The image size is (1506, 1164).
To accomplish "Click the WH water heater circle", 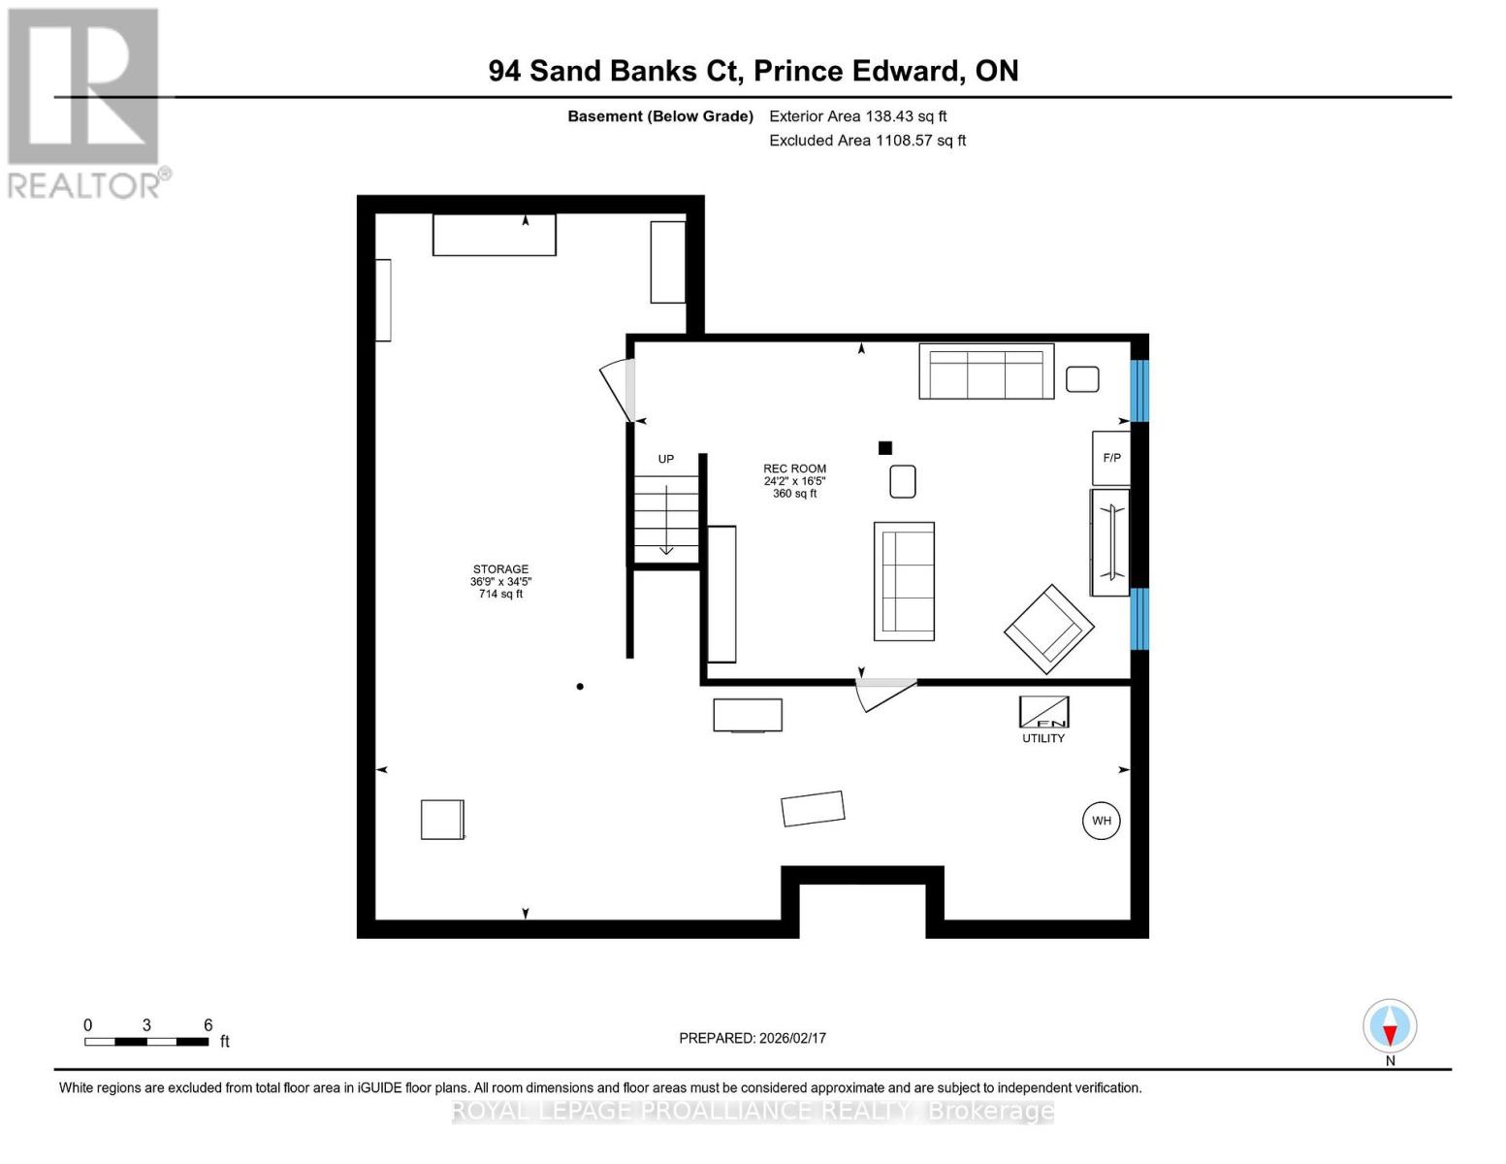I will pyautogui.click(x=1101, y=821).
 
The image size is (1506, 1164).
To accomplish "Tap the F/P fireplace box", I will pyautogui.click(x=1111, y=458).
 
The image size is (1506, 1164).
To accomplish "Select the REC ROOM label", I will pyautogui.click(x=794, y=469).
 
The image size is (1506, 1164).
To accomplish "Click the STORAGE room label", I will pyautogui.click(x=500, y=569).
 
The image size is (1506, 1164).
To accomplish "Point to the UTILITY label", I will pyautogui.click(x=1043, y=738).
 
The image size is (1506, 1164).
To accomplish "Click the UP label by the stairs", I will pyautogui.click(x=666, y=459).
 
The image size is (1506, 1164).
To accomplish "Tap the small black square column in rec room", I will pyautogui.click(x=884, y=448).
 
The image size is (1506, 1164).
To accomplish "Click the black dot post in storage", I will pyautogui.click(x=580, y=687).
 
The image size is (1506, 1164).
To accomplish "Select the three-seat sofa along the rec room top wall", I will pyautogui.click(x=986, y=372).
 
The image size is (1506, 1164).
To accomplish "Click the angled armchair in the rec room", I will pyautogui.click(x=1049, y=629).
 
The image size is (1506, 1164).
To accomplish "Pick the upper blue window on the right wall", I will pyautogui.click(x=1140, y=391).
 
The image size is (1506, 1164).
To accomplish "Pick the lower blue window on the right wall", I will pyautogui.click(x=1140, y=619).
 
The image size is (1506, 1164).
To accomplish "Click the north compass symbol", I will pyautogui.click(x=1390, y=1026).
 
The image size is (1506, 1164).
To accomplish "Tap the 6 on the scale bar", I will pyautogui.click(x=208, y=1025).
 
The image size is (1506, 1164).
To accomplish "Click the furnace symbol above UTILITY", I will pyautogui.click(x=1043, y=712).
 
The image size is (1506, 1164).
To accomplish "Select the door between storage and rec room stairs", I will pyautogui.click(x=618, y=390).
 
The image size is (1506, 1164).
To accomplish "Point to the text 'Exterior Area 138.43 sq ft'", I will pyautogui.click(x=857, y=116).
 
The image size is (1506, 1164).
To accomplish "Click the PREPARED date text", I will pyautogui.click(x=753, y=1038).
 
